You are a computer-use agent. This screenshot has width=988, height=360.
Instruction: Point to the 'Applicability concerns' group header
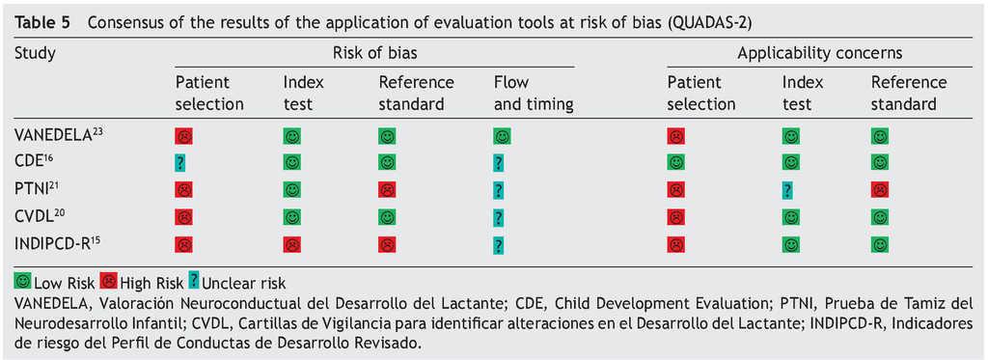click(x=820, y=53)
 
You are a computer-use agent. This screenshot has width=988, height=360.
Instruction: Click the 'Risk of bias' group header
click(x=374, y=53)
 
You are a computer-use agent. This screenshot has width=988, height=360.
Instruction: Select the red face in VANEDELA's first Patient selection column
click(x=184, y=136)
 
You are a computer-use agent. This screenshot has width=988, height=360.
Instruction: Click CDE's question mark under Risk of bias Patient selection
click(x=180, y=163)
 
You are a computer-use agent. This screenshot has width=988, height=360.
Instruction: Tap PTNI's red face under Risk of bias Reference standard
click(x=387, y=190)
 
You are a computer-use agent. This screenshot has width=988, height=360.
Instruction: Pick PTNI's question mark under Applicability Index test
click(x=787, y=190)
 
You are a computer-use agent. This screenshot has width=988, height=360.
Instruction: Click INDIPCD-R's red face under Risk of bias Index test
click(x=291, y=244)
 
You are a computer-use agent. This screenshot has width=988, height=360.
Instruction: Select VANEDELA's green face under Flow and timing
click(x=502, y=136)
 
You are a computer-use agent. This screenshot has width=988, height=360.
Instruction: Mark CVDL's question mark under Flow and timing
click(x=499, y=217)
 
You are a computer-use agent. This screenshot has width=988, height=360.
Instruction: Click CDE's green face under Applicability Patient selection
click(x=675, y=163)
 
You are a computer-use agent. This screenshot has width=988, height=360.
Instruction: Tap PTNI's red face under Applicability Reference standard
click(x=880, y=190)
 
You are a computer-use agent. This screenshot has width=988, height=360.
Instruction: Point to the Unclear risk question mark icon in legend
click(x=193, y=279)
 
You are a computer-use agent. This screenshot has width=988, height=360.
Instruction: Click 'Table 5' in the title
click(x=41, y=23)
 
